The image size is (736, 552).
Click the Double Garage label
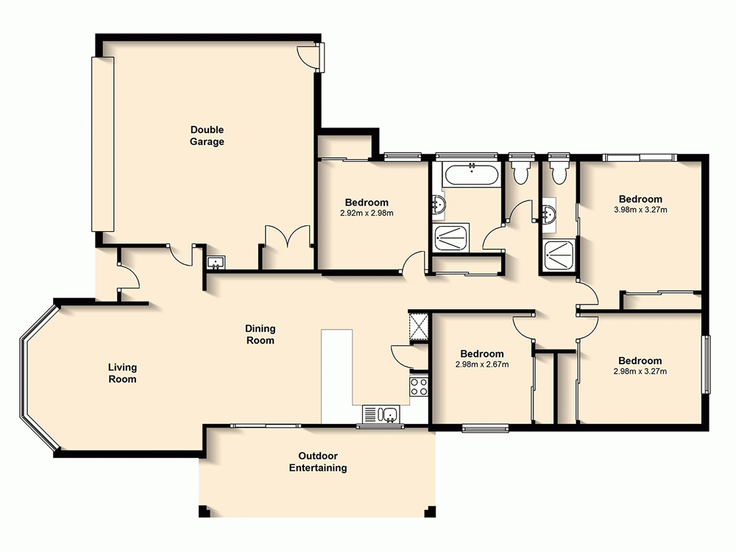(x=206, y=136)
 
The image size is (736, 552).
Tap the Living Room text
(x=122, y=373)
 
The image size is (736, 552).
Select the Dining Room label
(x=260, y=334)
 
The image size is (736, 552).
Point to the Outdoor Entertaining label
(x=318, y=461)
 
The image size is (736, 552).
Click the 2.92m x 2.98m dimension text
(x=367, y=213)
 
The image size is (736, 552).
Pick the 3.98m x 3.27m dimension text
(x=640, y=210)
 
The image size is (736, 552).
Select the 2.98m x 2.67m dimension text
(x=481, y=364)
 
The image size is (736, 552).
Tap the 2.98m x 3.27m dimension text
(x=640, y=371)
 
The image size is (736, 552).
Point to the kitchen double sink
(x=380, y=415)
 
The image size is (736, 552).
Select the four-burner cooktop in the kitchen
(x=420, y=386)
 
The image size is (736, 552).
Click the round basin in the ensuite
(x=548, y=214)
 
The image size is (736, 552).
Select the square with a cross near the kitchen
(x=419, y=325)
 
